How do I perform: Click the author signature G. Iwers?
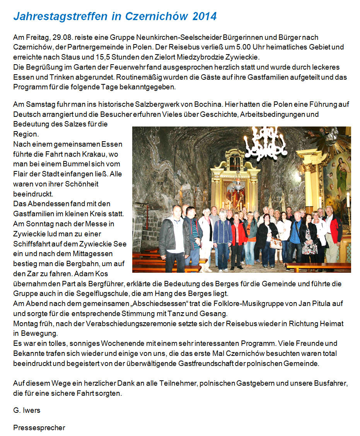pos(27,410)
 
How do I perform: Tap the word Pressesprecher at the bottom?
pos(39,427)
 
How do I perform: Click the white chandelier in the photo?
pos(265,144)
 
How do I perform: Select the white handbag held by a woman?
pos(276,243)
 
